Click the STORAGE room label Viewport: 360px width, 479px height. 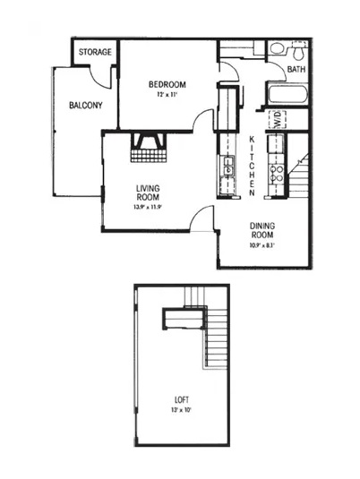coord(95,52)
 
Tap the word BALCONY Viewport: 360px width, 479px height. coord(85,105)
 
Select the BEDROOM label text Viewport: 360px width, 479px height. coord(167,85)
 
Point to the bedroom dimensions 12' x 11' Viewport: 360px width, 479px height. coord(167,95)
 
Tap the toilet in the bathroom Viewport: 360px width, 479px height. coord(278,48)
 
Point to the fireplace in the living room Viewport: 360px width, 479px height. coord(145,148)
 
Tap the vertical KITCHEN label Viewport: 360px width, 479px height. coord(253,165)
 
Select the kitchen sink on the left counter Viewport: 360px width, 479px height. coord(228,167)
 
